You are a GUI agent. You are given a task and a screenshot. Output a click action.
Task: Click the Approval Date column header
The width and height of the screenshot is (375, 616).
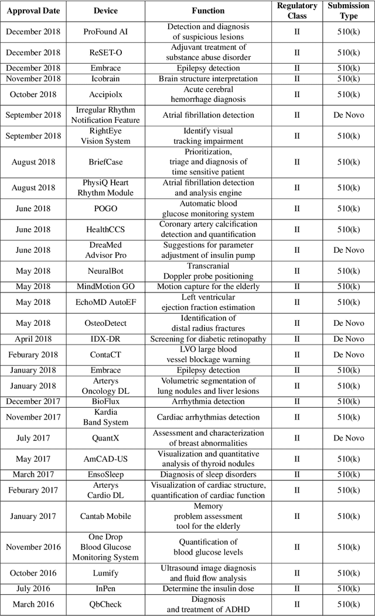coord(33,11)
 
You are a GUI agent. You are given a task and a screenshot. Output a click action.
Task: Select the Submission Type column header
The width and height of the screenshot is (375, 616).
coord(349,11)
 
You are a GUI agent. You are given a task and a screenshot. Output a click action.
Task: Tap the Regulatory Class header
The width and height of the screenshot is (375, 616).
coord(296,11)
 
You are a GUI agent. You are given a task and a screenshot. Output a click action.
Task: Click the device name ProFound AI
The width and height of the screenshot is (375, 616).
coord(105,32)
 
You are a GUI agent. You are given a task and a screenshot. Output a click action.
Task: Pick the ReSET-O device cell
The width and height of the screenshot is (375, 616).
coord(105,52)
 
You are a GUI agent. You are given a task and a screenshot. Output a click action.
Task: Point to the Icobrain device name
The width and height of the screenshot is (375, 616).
coord(105,78)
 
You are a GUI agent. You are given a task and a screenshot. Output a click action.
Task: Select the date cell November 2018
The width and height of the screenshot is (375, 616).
coord(33,78)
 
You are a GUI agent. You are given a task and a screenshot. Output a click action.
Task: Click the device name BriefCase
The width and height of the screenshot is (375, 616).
coord(105,161)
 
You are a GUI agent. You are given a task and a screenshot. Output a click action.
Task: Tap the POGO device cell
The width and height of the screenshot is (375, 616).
coord(105,209)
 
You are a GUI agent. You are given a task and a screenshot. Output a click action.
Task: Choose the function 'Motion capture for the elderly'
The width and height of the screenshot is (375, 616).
coord(208,287)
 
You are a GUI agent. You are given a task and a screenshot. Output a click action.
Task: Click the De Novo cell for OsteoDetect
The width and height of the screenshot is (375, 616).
coord(349,323)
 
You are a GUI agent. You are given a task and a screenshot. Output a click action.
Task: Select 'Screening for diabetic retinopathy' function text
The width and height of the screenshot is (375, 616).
coord(208,339)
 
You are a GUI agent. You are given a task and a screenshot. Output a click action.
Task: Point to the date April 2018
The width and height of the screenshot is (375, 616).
coord(33,339)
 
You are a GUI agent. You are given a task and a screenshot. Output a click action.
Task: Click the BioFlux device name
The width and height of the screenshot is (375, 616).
coord(105,401)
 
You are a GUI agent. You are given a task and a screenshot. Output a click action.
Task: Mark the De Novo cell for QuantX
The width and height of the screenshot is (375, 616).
coord(349,438)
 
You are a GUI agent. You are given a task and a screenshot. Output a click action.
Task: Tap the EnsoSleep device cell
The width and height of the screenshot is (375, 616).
coord(105,474)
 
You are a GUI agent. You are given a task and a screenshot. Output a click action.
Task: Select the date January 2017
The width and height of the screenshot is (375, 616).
coord(33,516)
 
